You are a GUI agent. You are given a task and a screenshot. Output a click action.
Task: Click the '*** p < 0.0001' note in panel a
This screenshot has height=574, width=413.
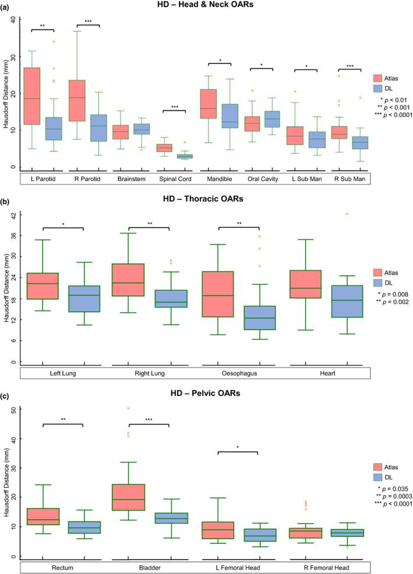point(391,115)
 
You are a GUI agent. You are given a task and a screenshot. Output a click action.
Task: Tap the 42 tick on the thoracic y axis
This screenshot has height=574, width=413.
point(14,214)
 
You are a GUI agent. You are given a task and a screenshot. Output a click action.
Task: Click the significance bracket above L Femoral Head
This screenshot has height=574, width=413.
point(237,452)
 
